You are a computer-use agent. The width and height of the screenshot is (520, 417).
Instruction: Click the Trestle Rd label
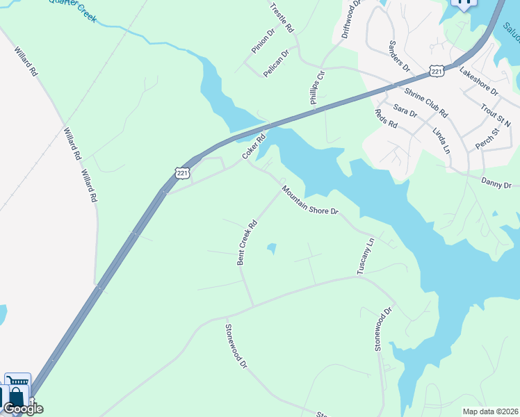tap(282, 19)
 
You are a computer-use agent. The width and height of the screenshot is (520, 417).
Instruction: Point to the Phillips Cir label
tap(316, 86)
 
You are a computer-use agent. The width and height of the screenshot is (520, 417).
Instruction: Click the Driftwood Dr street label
tap(350, 19)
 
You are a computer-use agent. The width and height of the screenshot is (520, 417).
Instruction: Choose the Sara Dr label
tap(405, 111)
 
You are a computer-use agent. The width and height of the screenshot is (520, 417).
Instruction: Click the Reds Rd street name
tap(385, 119)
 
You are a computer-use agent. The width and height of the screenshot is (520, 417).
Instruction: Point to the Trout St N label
tap(496, 113)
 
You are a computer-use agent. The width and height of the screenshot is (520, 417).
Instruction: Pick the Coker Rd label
tap(254, 146)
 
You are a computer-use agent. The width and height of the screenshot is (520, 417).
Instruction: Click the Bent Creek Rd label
tap(247, 243)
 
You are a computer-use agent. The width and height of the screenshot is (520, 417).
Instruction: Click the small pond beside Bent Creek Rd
tap(271, 248)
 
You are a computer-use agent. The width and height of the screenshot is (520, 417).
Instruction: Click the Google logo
tap(23, 409)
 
